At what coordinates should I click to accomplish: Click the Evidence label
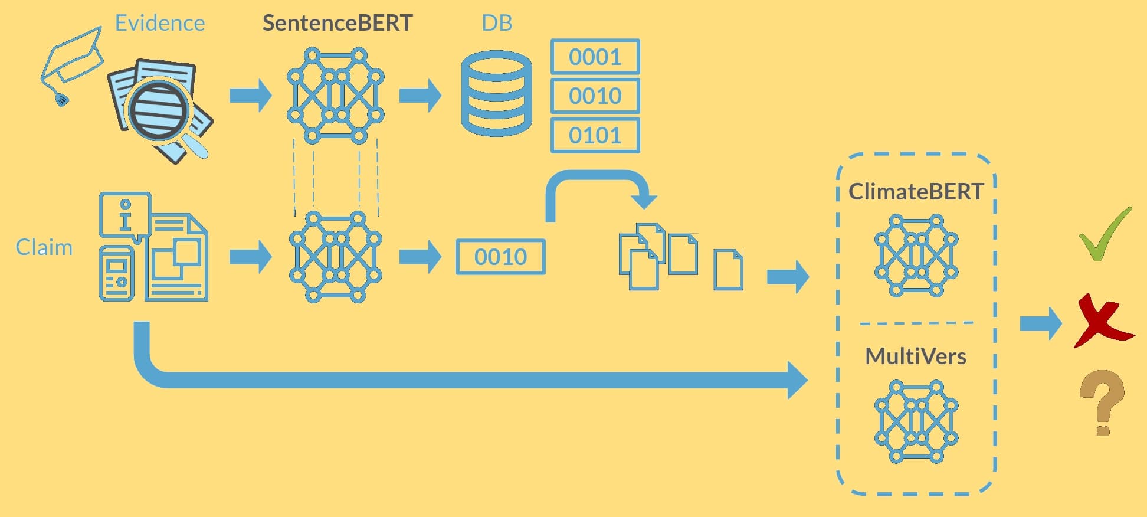coord(159,23)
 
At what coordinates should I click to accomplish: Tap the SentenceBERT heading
coord(337,23)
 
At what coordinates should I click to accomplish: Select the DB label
coord(497,23)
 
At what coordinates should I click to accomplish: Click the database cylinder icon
coord(496,93)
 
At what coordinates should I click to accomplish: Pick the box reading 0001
coord(595,57)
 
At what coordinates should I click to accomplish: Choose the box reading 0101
coord(595,136)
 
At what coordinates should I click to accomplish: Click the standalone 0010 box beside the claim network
coord(500,257)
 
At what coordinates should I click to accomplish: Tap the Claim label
coord(44,247)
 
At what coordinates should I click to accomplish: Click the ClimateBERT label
coord(916,192)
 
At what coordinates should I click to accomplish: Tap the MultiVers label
coord(916,356)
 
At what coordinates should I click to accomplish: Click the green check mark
coord(1105,235)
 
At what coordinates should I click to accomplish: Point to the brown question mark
coord(1102,401)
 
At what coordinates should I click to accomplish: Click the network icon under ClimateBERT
coord(916,256)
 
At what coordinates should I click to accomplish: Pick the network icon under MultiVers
coord(916,421)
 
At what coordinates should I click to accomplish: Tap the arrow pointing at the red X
coord(1040,323)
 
